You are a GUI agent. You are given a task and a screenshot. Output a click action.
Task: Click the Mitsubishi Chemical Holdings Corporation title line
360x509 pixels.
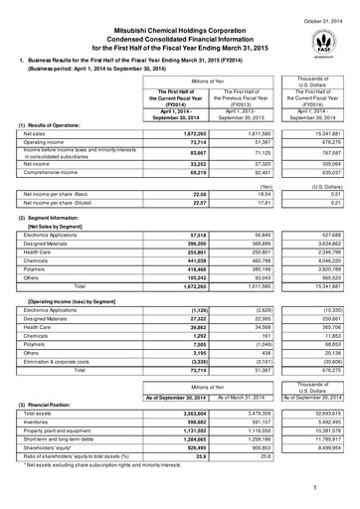click(x=179, y=23)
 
